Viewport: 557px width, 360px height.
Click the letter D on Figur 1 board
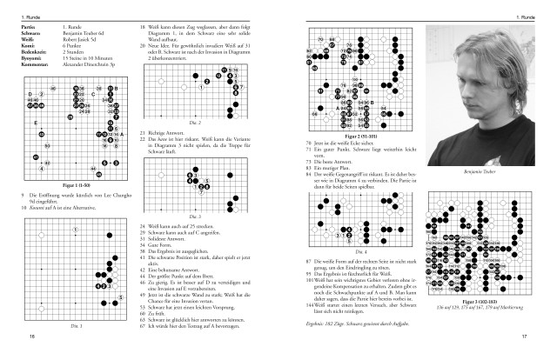tap(30, 94)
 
